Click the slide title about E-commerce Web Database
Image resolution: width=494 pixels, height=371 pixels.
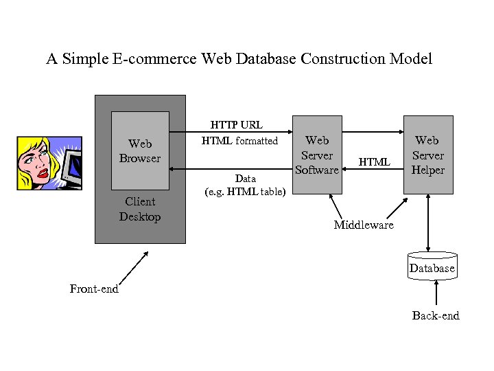pyautogui.click(x=239, y=59)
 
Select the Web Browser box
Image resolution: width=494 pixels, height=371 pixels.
pyautogui.click(x=140, y=150)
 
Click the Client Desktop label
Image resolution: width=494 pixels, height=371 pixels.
pyautogui.click(x=140, y=210)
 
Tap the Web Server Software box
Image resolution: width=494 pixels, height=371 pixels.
pyautogui.click(x=317, y=155)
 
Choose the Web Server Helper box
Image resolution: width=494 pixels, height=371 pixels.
pyautogui.click(x=428, y=155)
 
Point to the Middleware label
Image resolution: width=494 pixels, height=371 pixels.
pyautogui.click(x=364, y=225)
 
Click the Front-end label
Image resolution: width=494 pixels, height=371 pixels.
pyautogui.click(x=94, y=289)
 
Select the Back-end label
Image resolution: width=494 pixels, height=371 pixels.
pyautogui.click(x=436, y=316)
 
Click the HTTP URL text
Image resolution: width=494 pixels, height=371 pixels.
pyautogui.click(x=236, y=125)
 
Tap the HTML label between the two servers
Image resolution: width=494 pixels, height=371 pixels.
pyautogui.click(x=375, y=162)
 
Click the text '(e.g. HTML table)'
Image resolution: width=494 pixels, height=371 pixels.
pyautogui.click(x=245, y=192)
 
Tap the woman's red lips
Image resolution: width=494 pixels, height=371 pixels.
pyautogui.click(x=43, y=173)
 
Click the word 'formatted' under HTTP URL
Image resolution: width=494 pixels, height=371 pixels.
pyautogui.click(x=257, y=141)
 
